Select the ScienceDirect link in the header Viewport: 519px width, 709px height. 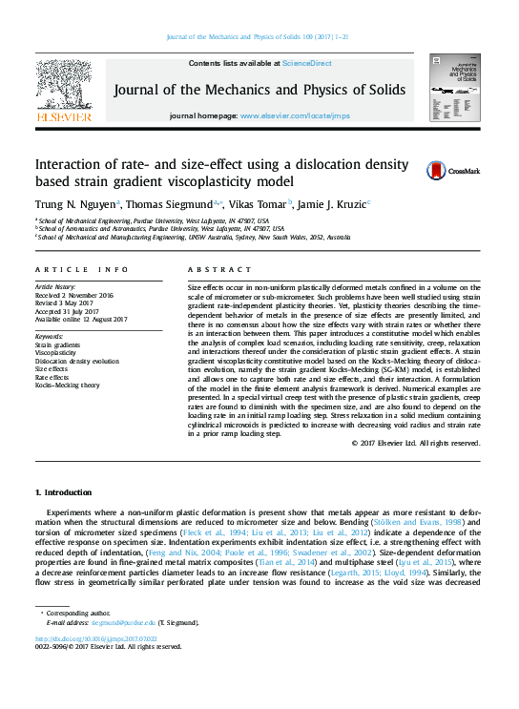click(x=308, y=63)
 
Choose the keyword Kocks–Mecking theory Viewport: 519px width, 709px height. click(x=67, y=386)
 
